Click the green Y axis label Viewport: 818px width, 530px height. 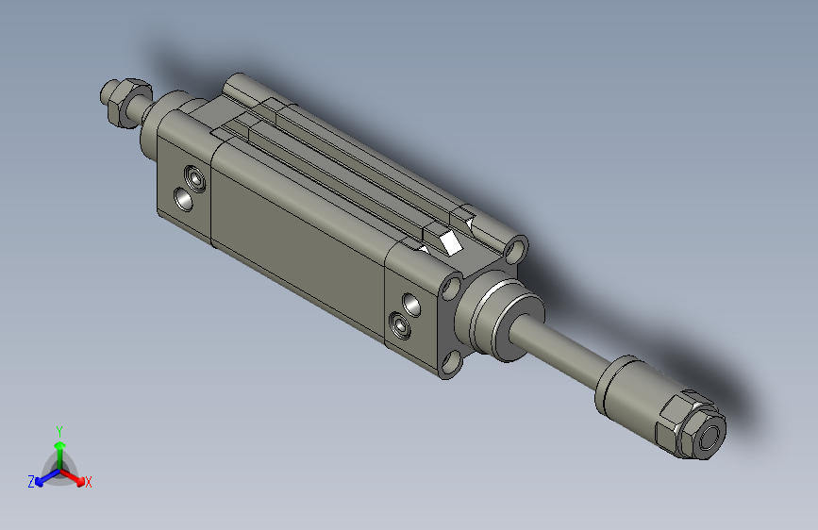coord(59,429)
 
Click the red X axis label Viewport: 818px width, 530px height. coord(88,482)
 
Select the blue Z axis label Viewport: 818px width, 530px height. coord(30,481)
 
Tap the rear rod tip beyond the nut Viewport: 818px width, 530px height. coord(107,92)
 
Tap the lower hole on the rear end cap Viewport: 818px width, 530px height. coord(184,199)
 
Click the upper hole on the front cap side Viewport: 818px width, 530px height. coord(412,304)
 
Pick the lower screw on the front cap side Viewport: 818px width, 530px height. coord(402,326)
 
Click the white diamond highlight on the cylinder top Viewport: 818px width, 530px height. coord(450,242)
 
